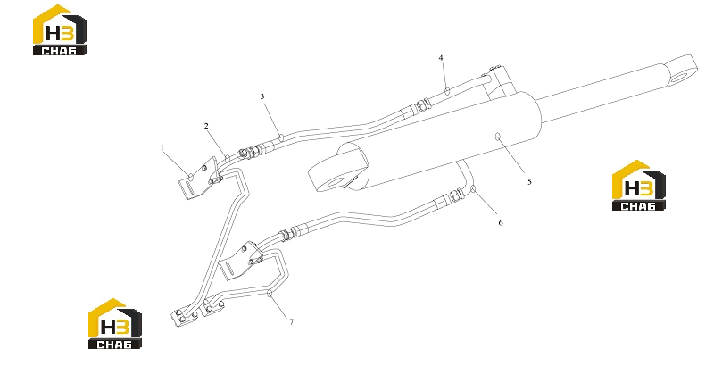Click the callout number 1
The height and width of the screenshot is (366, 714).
coord(162,147)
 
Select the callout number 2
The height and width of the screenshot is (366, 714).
coord(206,126)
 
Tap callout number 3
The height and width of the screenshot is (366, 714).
coord(262,96)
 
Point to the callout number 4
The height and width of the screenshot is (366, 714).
coord(441,58)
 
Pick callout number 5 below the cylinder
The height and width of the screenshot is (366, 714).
coord(529,181)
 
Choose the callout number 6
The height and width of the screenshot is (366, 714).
coord(501,222)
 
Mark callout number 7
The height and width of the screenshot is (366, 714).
coord(292,322)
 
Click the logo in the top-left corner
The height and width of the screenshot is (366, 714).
coord(60,30)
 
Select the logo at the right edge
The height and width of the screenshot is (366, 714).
coord(638,186)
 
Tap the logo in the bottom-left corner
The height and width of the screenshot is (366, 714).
coord(115,324)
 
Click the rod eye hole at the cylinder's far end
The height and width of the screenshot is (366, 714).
coord(680,77)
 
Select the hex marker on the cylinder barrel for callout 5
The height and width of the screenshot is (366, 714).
coord(498,136)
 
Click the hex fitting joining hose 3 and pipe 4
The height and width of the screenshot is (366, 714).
coord(423,105)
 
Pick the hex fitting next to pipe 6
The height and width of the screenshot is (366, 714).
coord(457,196)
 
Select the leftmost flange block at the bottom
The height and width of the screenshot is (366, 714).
coord(185,314)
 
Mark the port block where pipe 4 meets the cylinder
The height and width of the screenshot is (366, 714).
coord(500,83)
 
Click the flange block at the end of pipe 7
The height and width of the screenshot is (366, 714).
coord(213,305)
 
